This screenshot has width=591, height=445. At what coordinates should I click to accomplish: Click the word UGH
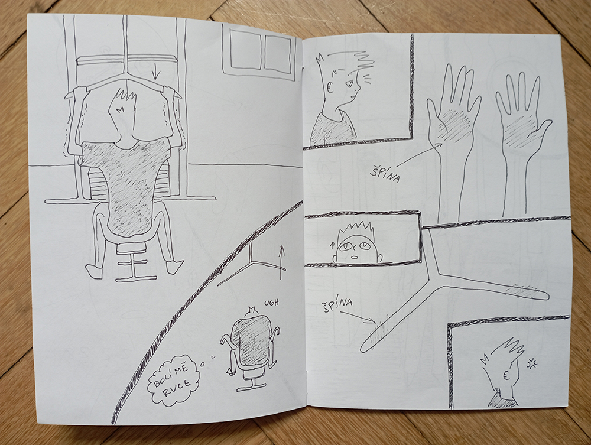[271, 302]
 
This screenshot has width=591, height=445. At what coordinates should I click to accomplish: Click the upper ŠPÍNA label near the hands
[385, 175]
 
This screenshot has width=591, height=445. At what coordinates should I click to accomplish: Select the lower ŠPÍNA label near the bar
[337, 304]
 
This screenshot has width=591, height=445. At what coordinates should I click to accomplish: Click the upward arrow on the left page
[280, 262]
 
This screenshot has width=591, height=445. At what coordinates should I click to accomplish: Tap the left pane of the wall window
[245, 50]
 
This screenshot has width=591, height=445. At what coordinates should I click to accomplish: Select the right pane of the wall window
[278, 53]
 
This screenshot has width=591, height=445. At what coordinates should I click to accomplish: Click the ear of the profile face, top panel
[330, 87]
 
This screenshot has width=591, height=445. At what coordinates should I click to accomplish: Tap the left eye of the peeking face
[344, 247]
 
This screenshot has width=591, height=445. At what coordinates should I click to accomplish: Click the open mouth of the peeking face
[355, 257]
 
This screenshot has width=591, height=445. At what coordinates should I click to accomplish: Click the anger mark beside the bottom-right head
[532, 363]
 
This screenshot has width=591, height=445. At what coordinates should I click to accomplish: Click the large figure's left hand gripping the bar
[80, 93]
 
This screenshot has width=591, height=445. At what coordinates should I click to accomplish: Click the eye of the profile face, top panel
[351, 83]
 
